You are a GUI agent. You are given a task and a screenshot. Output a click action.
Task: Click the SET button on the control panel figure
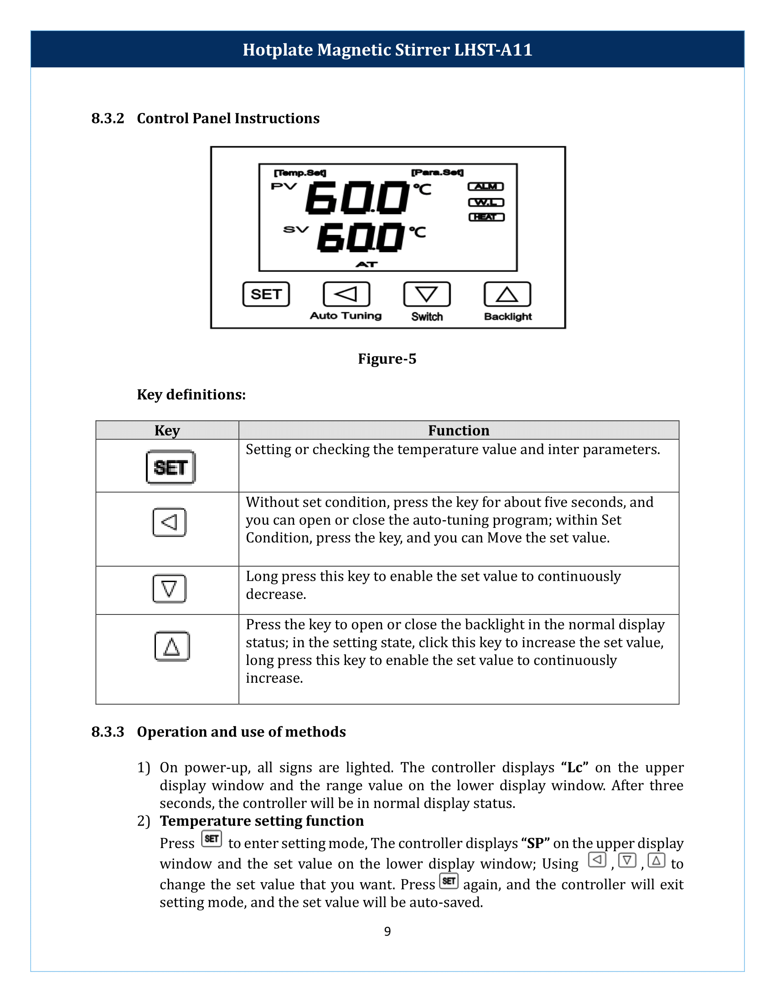pyautogui.click(x=266, y=294)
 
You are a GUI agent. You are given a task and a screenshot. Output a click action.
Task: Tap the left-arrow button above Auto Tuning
pyautogui.click(x=346, y=294)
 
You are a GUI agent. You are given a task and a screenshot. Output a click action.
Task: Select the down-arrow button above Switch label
pyautogui.click(x=427, y=294)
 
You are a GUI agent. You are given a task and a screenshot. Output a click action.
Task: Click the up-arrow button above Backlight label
pyautogui.click(x=507, y=294)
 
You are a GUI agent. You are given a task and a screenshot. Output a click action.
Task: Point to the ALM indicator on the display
pyautogui.click(x=486, y=187)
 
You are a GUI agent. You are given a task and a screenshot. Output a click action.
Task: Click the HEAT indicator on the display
pyautogui.click(x=486, y=217)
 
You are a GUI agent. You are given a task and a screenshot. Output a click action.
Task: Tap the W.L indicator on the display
pyautogui.click(x=486, y=202)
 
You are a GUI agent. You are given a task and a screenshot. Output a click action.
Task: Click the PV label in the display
pyautogui.click(x=284, y=186)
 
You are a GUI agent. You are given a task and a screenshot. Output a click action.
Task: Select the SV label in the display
pyautogui.click(x=296, y=230)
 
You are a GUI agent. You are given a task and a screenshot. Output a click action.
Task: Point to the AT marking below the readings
pyautogui.click(x=367, y=265)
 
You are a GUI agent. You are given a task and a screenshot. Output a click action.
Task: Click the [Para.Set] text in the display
pyautogui.click(x=437, y=173)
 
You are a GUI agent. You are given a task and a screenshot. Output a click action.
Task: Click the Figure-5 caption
pyautogui.click(x=387, y=359)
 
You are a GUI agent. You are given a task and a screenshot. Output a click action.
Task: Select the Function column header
pyautogui.click(x=458, y=430)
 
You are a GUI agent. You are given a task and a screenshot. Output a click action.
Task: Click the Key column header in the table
pyautogui.click(x=167, y=430)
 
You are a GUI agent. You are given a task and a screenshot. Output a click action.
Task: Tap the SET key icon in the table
pyautogui.click(x=170, y=467)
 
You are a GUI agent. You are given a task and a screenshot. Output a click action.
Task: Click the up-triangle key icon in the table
pyautogui.click(x=172, y=646)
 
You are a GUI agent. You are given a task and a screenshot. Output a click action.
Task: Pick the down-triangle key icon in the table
pyautogui.click(x=170, y=588)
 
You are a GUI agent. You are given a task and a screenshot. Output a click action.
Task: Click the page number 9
pyautogui.click(x=387, y=931)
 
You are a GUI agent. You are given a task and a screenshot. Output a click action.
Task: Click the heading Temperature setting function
pyautogui.click(x=262, y=821)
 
